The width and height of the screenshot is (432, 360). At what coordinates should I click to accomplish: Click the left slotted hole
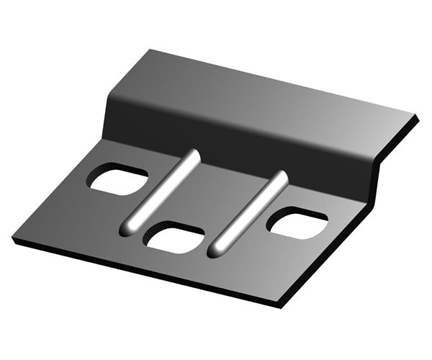click(117, 179)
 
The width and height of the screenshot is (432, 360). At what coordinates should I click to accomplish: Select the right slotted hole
click(297, 223)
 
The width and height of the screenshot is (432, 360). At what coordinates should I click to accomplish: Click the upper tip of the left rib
click(194, 153)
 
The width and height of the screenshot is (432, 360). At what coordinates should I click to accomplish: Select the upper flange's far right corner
click(417, 115)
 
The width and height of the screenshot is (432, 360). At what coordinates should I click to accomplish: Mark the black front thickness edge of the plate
click(144, 274)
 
